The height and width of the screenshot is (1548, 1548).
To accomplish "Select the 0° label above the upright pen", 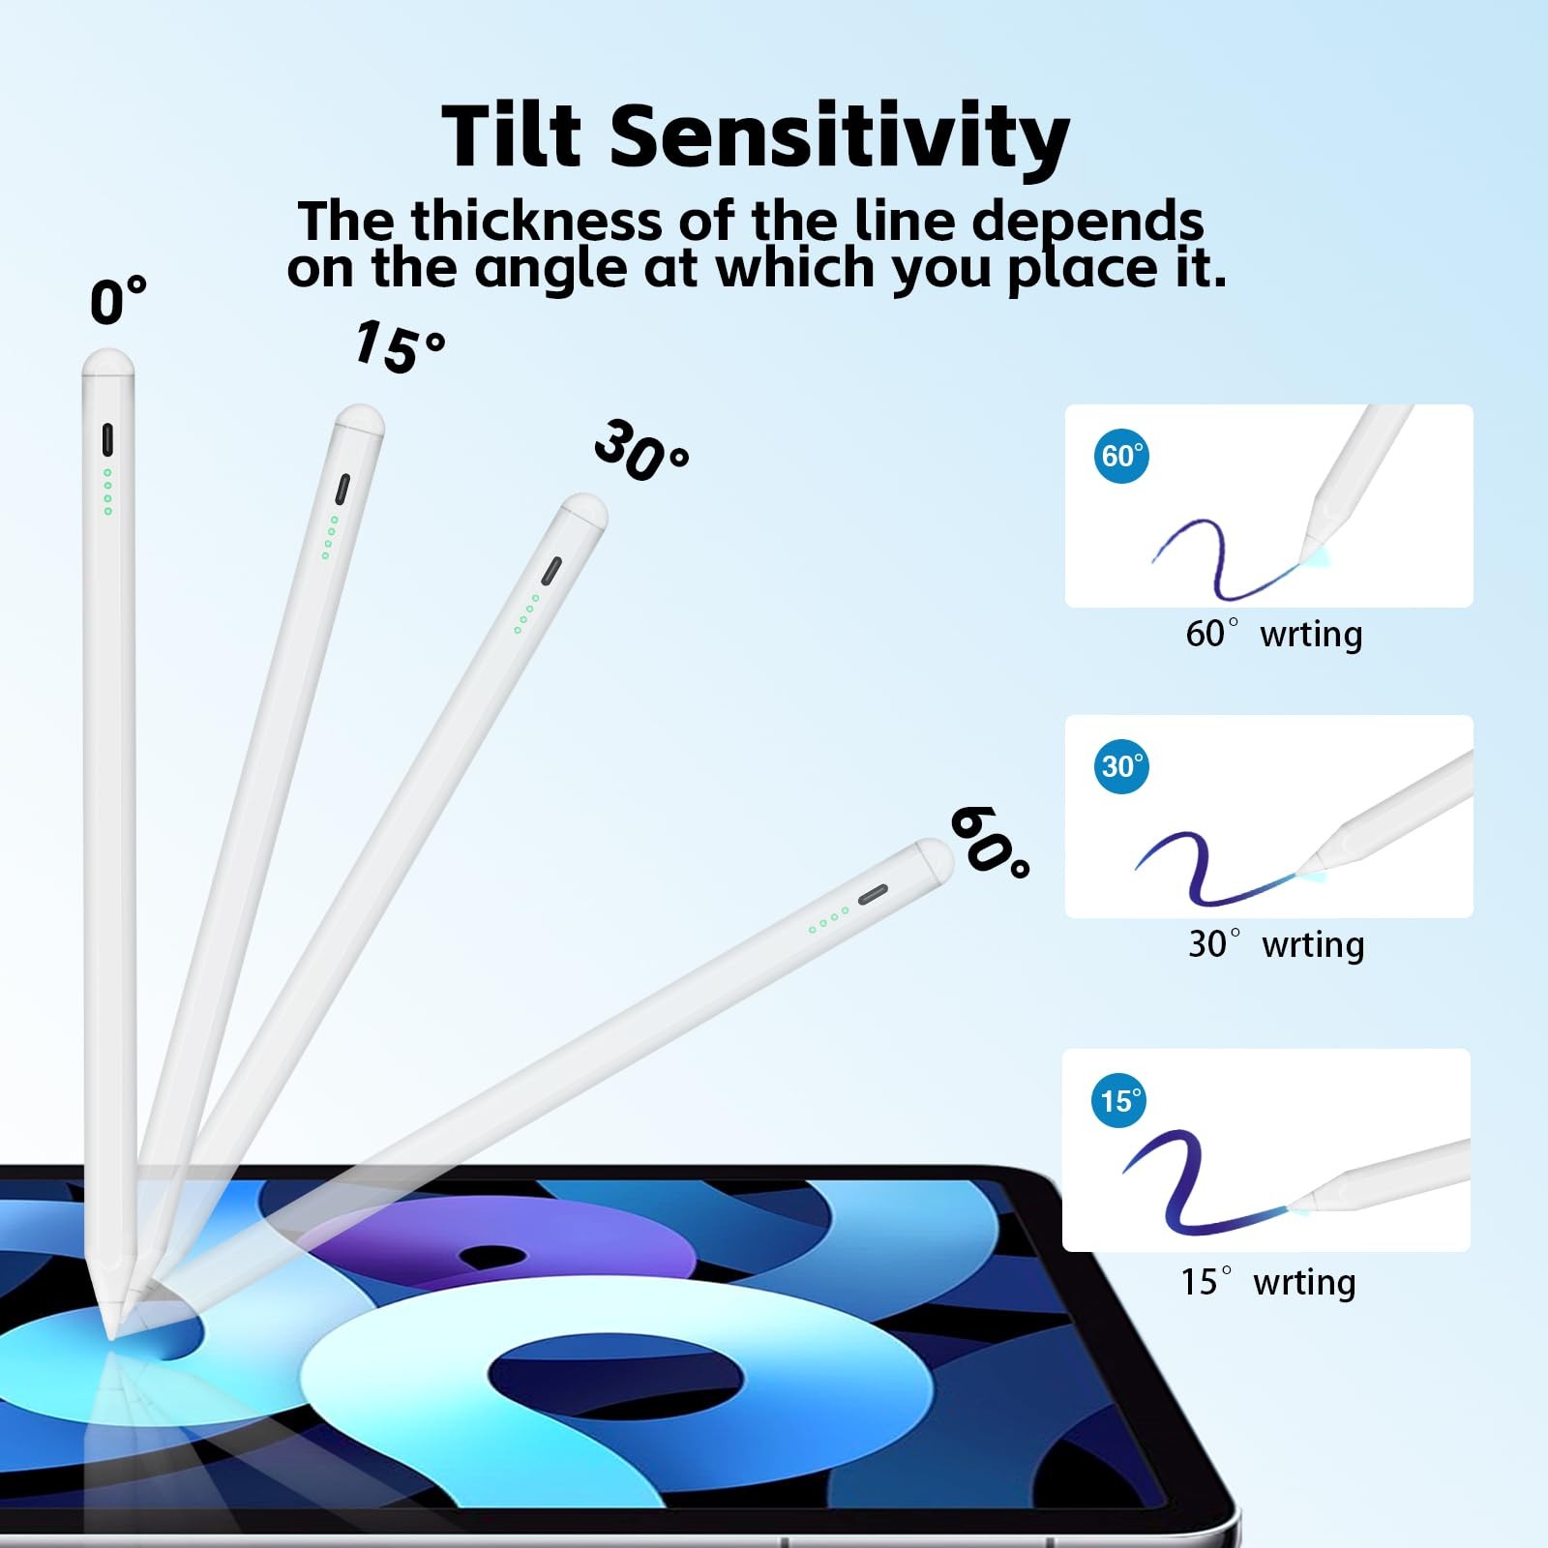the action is click(x=118, y=300).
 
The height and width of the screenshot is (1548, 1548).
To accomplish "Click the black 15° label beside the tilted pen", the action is click(x=400, y=346).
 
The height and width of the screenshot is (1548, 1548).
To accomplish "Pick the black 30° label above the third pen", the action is click(x=640, y=450).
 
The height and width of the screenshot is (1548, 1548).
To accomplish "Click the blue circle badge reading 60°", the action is click(x=1122, y=455).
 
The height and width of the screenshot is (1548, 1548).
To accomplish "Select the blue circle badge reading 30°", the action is click(x=1122, y=765).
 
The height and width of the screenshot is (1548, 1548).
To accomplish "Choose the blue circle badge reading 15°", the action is click(x=1120, y=1100).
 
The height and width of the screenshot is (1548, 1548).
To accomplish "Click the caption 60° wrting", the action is click(x=1273, y=634).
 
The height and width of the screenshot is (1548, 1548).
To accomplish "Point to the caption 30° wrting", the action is click(x=1276, y=944).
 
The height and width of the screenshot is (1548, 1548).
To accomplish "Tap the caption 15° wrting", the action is click(x=1268, y=1282).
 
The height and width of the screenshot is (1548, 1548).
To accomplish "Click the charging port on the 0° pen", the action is click(x=107, y=440).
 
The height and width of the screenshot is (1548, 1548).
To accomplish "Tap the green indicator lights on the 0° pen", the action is click(x=107, y=491).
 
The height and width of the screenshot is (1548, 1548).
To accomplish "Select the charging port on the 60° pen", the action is click(x=873, y=893).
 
